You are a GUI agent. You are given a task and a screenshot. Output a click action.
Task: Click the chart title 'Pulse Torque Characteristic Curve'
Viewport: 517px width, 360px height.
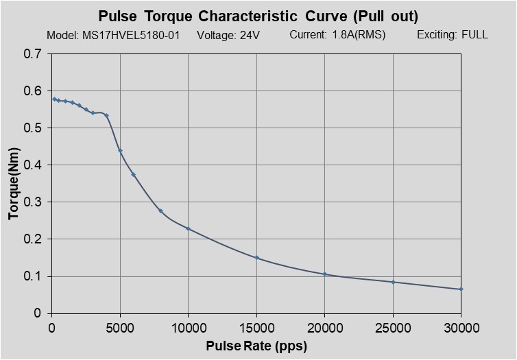coord(258,16)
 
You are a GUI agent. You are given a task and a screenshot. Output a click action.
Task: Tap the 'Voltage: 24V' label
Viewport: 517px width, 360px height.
coord(228,35)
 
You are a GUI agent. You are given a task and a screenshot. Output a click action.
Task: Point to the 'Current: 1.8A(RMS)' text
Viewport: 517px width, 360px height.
coord(337,35)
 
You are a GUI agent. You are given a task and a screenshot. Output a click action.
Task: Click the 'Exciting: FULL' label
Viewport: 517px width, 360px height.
coord(452,35)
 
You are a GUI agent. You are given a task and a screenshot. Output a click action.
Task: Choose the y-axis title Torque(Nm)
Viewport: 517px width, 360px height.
coord(14,184)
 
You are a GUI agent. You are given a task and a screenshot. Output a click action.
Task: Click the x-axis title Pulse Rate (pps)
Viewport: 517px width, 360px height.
coord(256,346)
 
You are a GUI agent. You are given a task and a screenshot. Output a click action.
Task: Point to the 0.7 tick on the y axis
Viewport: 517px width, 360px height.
coord(32,54)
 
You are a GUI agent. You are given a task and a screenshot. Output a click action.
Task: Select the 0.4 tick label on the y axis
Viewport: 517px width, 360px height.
coord(32,165)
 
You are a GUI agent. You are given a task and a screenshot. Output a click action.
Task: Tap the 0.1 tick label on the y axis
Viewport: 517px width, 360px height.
coord(32,276)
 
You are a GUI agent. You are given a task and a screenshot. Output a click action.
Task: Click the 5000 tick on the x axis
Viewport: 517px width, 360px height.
coord(120,327)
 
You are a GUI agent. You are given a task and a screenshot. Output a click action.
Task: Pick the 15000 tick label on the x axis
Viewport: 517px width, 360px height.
coord(256,327)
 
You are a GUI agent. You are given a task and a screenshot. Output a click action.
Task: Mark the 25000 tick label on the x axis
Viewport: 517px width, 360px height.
coord(393,327)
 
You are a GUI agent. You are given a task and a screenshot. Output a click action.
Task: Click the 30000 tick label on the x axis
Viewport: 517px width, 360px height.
coord(461,327)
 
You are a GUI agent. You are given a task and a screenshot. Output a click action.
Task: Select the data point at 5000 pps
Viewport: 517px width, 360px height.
coord(120,151)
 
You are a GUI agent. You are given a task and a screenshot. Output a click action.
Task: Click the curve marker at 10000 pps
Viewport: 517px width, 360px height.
coord(188,228)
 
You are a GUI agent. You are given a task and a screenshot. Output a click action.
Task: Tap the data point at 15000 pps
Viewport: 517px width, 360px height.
coord(256,258)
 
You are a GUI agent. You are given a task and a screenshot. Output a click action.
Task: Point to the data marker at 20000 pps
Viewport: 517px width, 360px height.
coord(324,274)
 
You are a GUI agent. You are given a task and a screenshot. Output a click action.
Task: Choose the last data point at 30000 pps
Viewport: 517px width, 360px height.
coord(461,289)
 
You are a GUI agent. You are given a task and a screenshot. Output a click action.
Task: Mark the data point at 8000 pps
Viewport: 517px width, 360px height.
coord(160,211)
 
